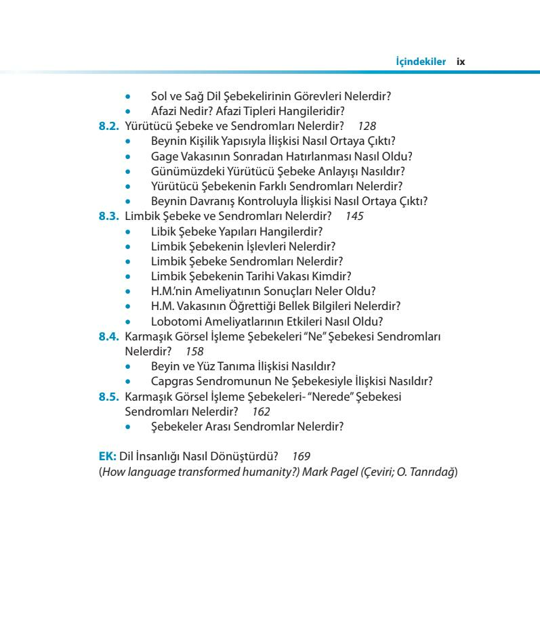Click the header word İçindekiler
[421, 62]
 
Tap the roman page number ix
[461, 62]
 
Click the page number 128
[367, 126]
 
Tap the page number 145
[354, 217]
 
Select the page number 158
[194, 352]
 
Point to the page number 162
[261, 412]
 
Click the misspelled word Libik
[164, 231]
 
